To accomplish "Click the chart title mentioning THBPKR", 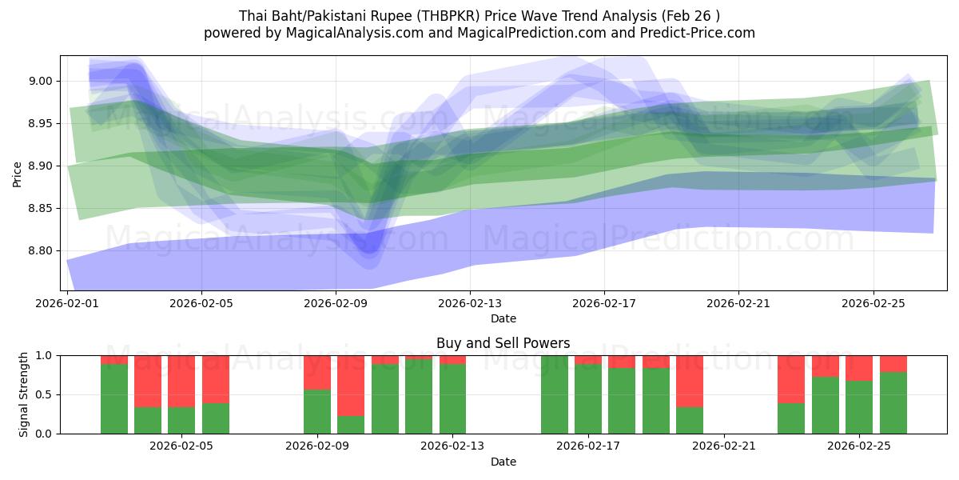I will pyautogui.click(x=479, y=16).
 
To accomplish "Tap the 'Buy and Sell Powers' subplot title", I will pyautogui.click(x=503, y=343).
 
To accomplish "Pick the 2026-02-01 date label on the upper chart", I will pyautogui.click(x=67, y=304).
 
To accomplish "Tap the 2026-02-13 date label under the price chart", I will pyautogui.click(x=470, y=304).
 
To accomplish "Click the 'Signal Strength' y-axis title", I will pyautogui.click(x=24, y=394).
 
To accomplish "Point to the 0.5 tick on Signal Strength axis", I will pyautogui.click(x=45, y=394).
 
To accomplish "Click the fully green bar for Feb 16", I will pyautogui.click(x=555, y=394).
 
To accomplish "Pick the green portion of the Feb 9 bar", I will pyautogui.click(x=317, y=412).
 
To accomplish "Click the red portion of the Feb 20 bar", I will pyautogui.click(x=690, y=381).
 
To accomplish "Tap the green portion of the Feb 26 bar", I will pyautogui.click(x=893, y=403).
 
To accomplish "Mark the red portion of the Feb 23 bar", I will pyautogui.click(x=791, y=378).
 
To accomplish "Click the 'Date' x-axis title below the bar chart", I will pyautogui.click(x=503, y=462).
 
